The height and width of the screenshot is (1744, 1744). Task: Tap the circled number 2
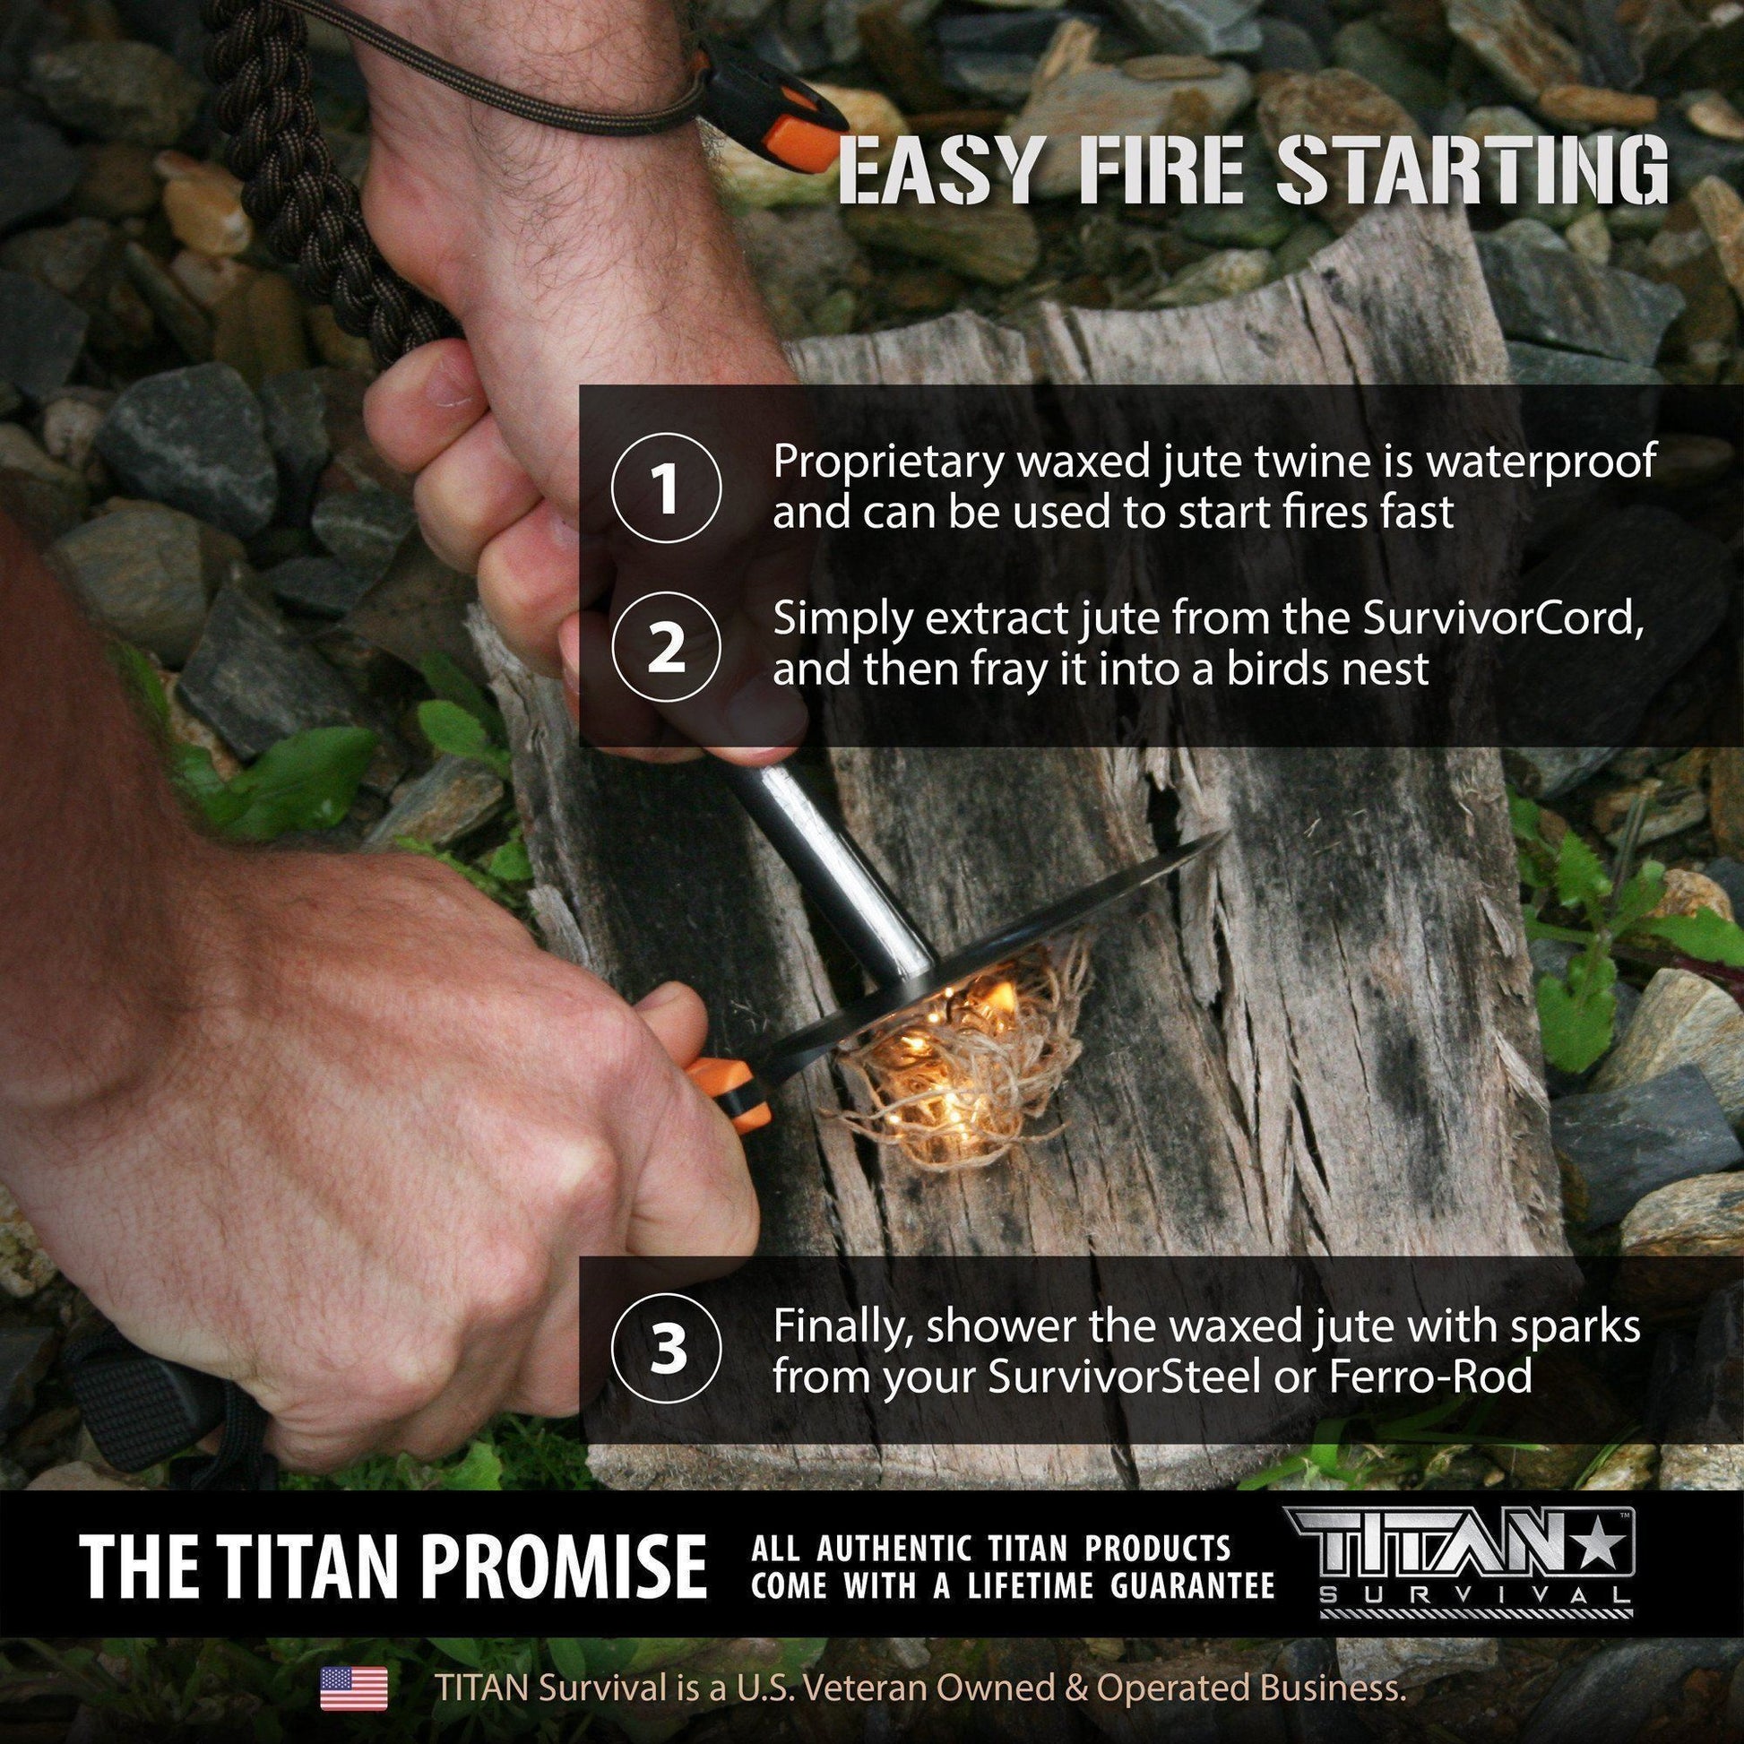point(666,652)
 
